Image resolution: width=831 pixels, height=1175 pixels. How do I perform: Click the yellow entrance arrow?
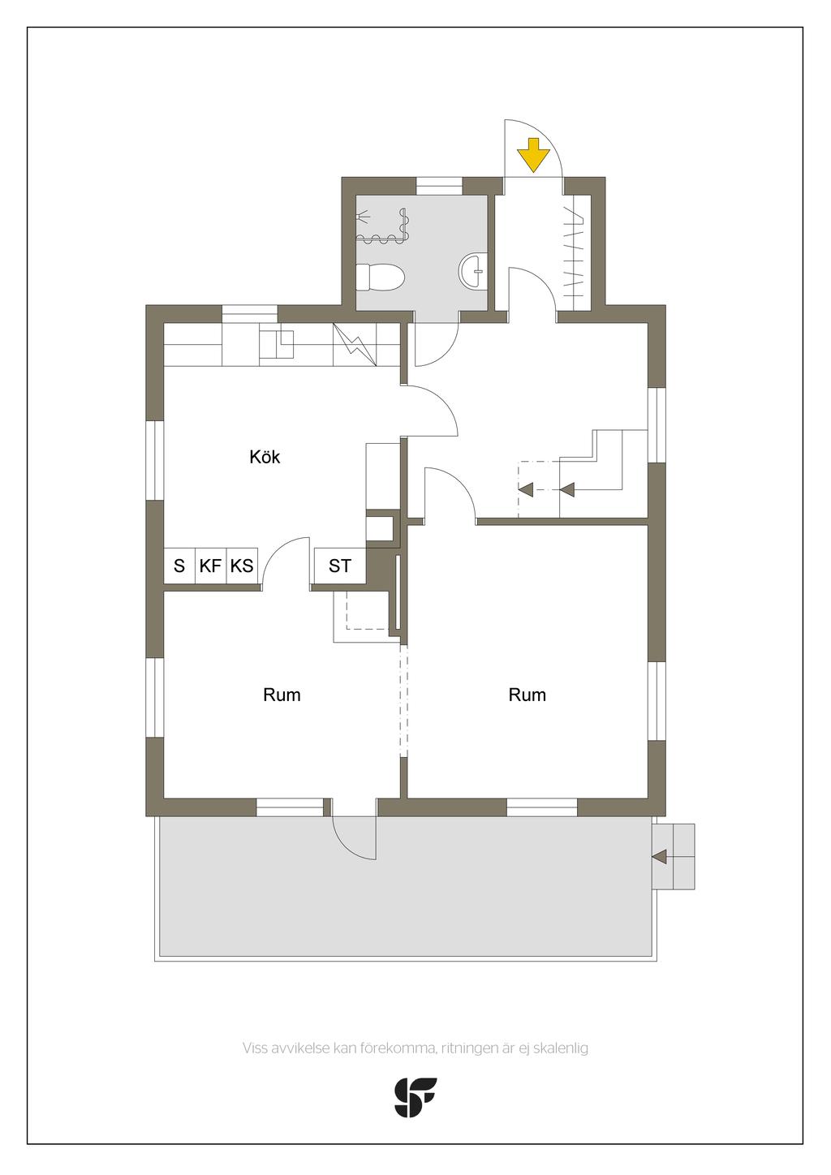(x=533, y=155)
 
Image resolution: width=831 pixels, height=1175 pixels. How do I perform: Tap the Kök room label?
(x=265, y=457)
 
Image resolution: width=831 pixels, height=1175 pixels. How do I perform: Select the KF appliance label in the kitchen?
(x=210, y=566)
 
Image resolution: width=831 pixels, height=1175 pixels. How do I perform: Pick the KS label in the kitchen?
(x=242, y=566)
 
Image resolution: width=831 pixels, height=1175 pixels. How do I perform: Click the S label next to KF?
(x=179, y=566)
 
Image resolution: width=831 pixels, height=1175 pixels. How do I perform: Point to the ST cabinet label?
(x=339, y=566)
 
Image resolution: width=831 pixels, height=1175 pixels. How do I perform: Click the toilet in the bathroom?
(x=379, y=277)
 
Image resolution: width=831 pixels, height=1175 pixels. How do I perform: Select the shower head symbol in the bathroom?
(x=362, y=215)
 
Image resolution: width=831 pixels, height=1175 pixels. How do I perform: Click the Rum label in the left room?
(x=282, y=695)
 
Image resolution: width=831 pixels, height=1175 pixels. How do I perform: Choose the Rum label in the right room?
(x=527, y=695)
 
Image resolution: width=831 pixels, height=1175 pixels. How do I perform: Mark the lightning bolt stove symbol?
(x=355, y=345)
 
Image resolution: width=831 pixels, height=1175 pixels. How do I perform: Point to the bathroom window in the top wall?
(x=439, y=186)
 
